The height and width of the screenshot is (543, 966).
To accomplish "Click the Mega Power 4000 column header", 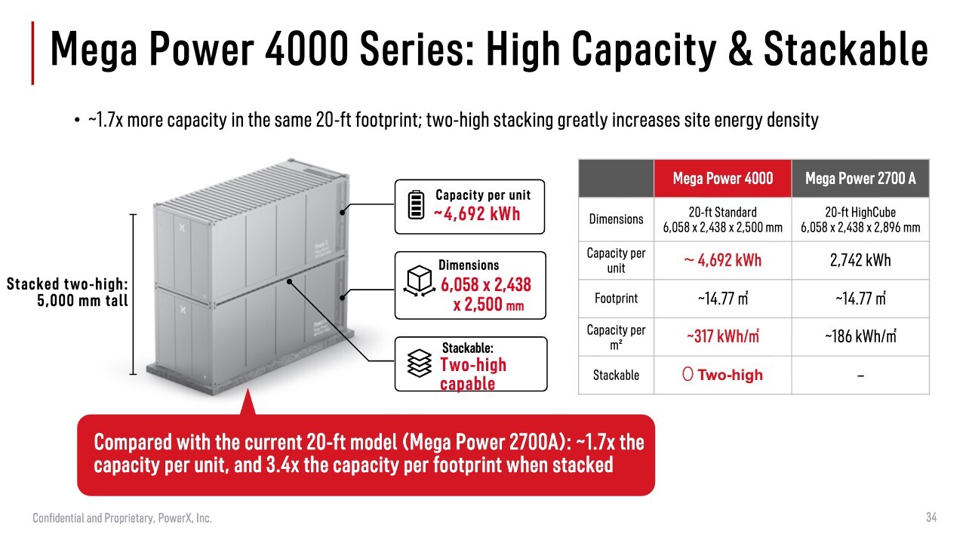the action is pos(723,179).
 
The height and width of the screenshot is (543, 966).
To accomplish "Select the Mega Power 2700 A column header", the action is pos(860,179).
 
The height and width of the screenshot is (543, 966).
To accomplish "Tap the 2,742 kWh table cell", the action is pos(860,260).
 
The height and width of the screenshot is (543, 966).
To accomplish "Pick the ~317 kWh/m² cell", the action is pos(723,336).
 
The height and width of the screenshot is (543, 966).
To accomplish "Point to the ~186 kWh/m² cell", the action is pos(860,336).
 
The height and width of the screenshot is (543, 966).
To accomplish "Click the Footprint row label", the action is pos(616,298).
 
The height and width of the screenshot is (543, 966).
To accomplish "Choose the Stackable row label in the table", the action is pos(616,375).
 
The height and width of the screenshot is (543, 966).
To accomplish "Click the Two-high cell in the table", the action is pos(723,375).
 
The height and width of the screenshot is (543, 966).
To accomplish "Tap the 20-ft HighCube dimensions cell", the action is pos(860,219).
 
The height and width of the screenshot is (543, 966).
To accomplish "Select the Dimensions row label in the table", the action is pos(616,219).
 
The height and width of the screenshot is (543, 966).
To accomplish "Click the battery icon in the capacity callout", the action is pos(416,204).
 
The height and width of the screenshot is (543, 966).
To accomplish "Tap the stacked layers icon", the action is pos(419,364).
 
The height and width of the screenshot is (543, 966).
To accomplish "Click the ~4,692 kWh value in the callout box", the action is pos(477,213).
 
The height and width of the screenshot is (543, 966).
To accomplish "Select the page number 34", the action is pos(931,517).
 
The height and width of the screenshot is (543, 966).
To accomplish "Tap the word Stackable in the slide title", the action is pos(846,50).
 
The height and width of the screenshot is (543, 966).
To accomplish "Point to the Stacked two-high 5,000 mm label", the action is pos(67,292).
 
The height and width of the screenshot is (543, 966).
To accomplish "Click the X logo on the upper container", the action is pos(182,228).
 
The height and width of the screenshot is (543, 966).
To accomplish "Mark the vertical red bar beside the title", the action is pos(32,53).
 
